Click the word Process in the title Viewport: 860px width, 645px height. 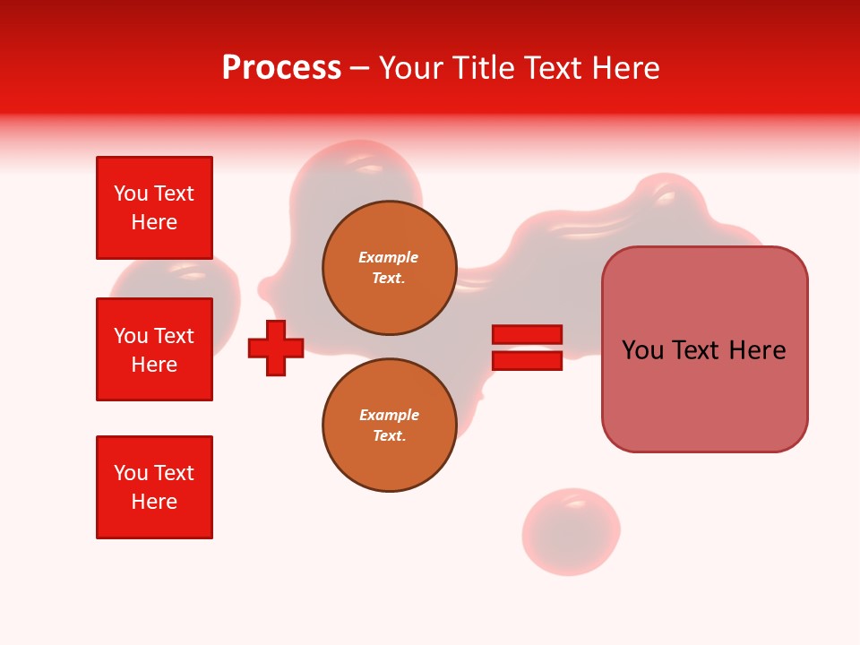point(281,68)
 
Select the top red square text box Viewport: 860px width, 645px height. point(154,208)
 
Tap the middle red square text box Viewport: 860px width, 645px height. point(154,349)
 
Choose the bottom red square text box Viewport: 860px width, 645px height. point(154,487)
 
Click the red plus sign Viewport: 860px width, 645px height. point(276,348)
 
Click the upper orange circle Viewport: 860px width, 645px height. point(389,268)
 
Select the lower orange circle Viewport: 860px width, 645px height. point(389,426)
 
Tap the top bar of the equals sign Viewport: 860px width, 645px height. point(527,334)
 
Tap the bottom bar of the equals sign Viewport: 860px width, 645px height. point(527,361)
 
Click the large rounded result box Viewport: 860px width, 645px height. point(704,349)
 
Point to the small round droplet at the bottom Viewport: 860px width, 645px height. point(571,531)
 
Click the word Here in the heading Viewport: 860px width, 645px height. point(624,68)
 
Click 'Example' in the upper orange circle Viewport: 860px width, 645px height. point(389,257)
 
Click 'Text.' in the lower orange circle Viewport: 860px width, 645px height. point(389,436)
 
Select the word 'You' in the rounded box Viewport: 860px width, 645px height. point(642,350)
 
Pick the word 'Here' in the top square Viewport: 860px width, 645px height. point(154,222)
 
